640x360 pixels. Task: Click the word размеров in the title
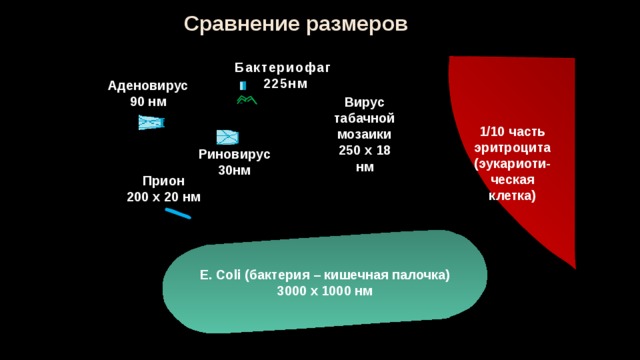click(357, 25)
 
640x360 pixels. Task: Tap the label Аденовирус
click(148, 86)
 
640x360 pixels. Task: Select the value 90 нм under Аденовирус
click(148, 102)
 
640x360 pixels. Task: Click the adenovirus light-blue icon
click(151, 122)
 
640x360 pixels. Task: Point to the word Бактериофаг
click(282, 68)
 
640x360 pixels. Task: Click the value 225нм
click(285, 84)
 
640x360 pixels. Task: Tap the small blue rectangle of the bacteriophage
click(243, 85)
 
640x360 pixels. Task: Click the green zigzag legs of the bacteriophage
click(247, 100)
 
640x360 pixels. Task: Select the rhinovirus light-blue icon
click(227, 137)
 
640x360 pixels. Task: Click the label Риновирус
click(234, 154)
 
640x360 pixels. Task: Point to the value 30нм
click(234, 170)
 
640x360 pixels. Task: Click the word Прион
click(164, 181)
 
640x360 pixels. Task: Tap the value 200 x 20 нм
click(164, 197)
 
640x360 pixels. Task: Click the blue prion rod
click(178, 213)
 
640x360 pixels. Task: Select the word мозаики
click(364, 134)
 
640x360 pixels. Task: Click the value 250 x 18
click(364, 151)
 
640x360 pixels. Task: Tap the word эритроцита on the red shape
click(512, 148)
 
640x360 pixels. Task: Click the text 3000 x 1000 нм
click(325, 291)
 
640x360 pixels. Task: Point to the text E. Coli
click(220, 275)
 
